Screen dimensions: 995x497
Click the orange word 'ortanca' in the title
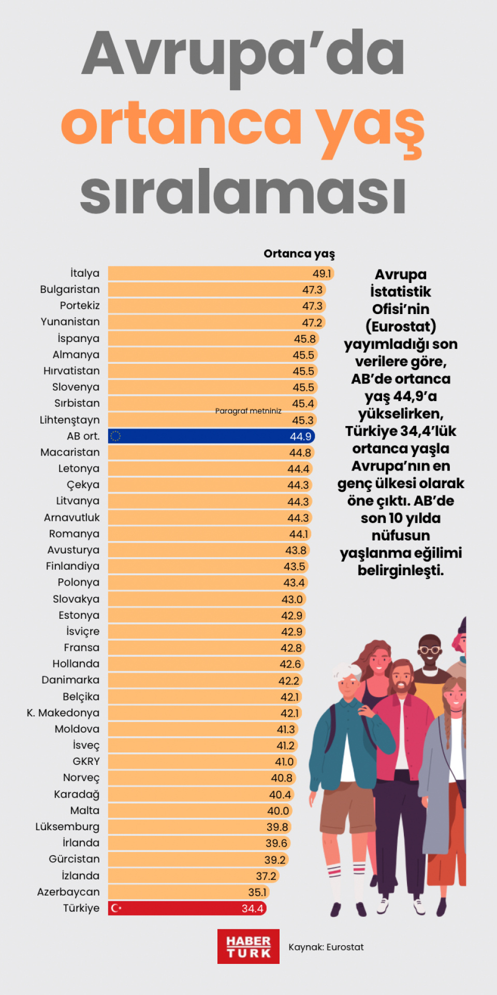coord(181,124)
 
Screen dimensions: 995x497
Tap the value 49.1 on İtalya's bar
coord(321,274)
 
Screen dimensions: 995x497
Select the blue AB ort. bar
coord(207,436)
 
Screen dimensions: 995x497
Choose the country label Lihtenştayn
coord(70,420)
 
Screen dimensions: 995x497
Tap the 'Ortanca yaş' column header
coord(299,254)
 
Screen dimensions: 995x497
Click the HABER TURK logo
coord(248,947)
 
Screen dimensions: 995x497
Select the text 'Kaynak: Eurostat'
coord(326,947)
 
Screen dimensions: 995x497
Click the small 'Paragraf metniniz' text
coord(248,411)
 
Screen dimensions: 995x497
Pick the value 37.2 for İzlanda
coord(266,876)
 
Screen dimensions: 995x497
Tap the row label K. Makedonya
coord(63,713)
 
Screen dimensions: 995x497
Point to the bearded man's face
coord(401,680)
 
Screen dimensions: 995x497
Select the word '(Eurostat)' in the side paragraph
coord(401,326)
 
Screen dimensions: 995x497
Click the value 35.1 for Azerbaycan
coord(257,892)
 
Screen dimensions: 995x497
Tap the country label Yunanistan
coord(70,322)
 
